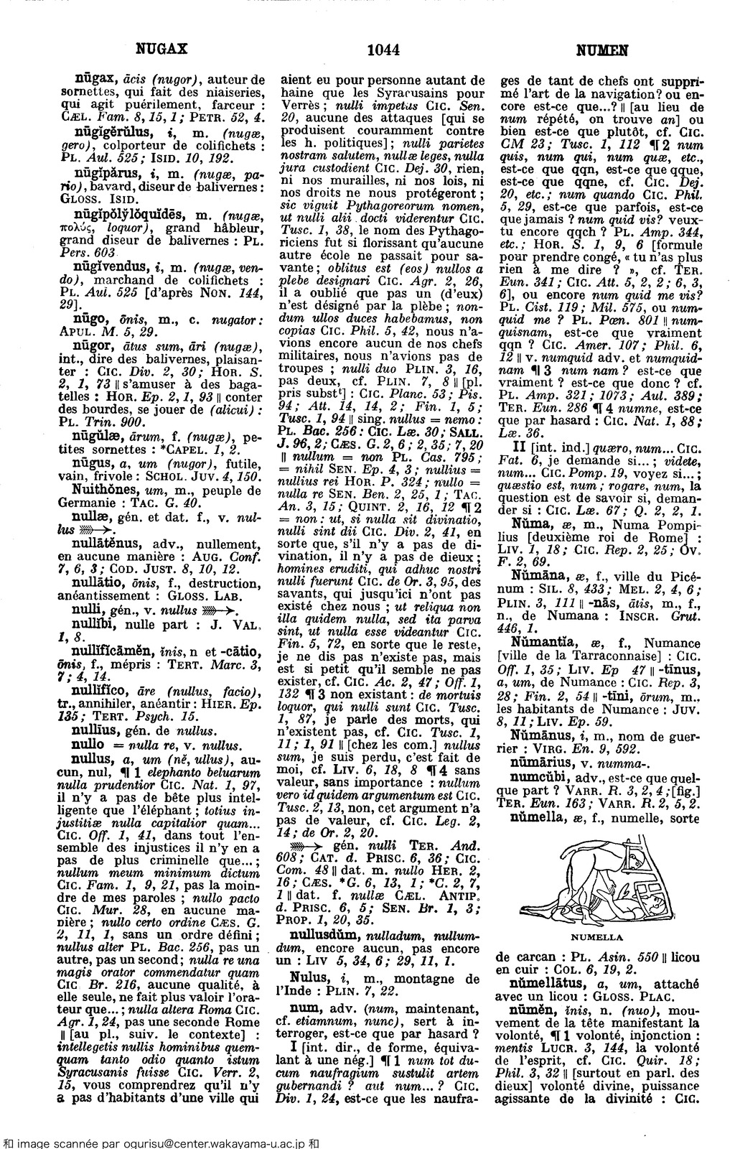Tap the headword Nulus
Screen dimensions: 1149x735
pos(306,977)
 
